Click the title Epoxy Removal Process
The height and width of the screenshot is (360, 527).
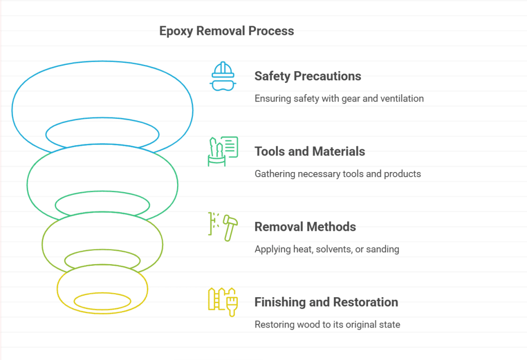[x=226, y=31]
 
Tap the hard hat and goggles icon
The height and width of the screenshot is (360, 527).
[x=223, y=76]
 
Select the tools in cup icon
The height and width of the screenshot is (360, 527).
[x=223, y=151]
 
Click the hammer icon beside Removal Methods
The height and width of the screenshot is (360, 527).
[x=229, y=227]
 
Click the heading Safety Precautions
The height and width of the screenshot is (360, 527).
[x=308, y=76]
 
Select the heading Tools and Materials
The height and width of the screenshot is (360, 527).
[x=310, y=151]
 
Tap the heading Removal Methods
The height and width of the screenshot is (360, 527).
[x=305, y=227]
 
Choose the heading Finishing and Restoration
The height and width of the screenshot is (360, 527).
[x=326, y=302]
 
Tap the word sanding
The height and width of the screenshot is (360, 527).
[x=383, y=249]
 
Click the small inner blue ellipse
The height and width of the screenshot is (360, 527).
[x=102, y=134]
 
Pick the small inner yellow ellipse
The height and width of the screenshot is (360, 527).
[x=102, y=301]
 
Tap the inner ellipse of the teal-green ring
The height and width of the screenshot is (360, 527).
[x=102, y=204]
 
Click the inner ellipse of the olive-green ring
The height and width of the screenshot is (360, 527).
[x=102, y=260]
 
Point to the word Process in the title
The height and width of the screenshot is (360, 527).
[x=271, y=31]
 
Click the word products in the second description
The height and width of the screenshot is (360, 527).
[x=403, y=174]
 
